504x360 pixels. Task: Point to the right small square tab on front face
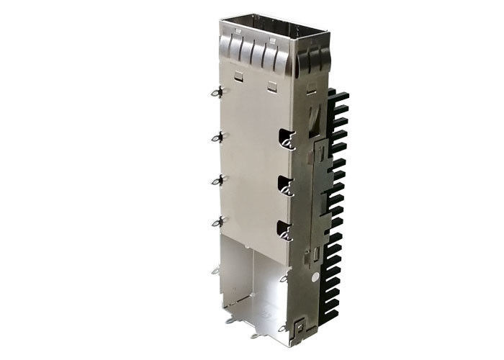(x=271, y=86)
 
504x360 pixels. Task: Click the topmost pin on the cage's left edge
(x=215, y=91)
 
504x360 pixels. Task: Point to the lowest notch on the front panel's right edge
(x=286, y=230)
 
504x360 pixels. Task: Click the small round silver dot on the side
(x=315, y=276)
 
